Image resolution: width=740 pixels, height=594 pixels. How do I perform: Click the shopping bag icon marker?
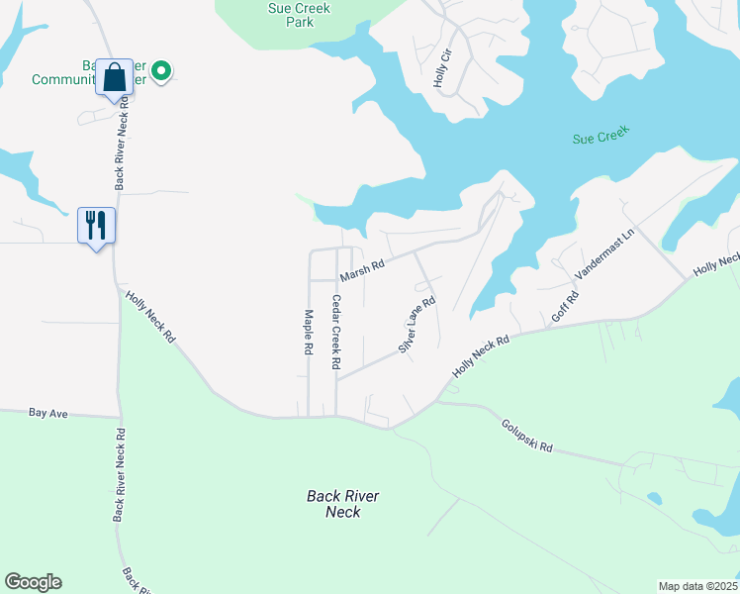[x=114, y=77]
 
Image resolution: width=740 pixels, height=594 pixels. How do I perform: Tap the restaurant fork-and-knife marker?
[x=96, y=225]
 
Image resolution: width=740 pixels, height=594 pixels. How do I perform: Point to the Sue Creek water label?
[x=601, y=136]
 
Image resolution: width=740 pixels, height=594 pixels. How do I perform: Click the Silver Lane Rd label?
[x=416, y=326]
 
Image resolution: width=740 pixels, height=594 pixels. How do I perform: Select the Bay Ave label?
[x=47, y=412]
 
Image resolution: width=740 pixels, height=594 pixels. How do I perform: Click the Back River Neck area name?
[x=343, y=504]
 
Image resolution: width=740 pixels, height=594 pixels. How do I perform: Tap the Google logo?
[x=33, y=582]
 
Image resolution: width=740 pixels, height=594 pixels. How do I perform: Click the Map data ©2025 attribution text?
[x=697, y=586]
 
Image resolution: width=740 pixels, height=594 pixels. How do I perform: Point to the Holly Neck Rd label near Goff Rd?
[x=481, y=354]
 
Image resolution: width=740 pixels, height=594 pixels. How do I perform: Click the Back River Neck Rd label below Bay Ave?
[x=119, y=474]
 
